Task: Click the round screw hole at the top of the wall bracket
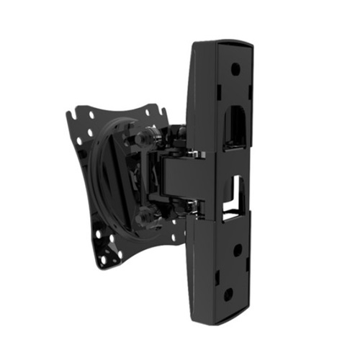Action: (235, 71)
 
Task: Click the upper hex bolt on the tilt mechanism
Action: (148, 134)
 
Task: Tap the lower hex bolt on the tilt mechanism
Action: (147, 213)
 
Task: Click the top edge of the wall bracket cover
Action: (223, 42)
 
